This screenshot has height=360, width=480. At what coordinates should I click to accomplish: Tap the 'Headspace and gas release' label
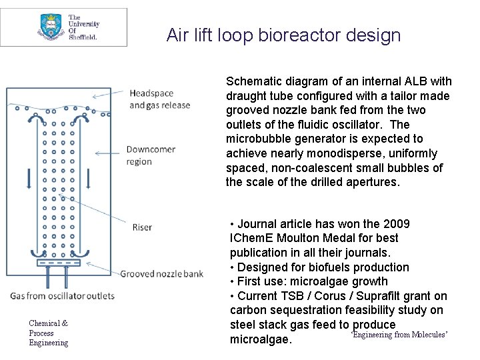click(x=159, y=99)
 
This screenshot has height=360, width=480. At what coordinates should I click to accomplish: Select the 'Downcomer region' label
click(x=151, y=155)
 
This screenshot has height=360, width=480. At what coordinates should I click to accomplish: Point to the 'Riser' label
click(x=141, y=227)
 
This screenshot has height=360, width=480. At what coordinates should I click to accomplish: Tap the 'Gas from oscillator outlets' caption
click(x=62, y=295)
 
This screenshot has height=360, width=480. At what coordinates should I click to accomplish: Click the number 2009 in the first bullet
click(x=397, y=223)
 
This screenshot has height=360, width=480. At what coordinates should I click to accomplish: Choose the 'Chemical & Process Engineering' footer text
click(x=48, y=333)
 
